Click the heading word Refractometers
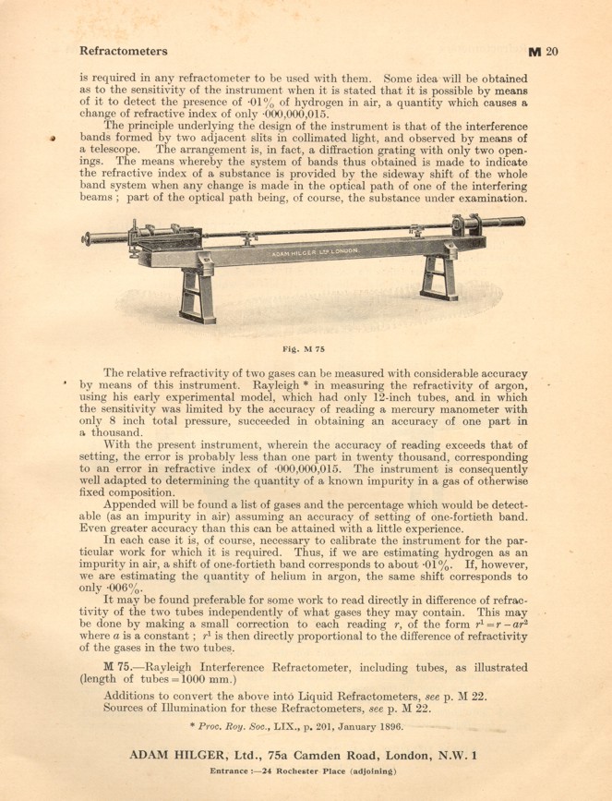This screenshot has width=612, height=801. tap(124, 51)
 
